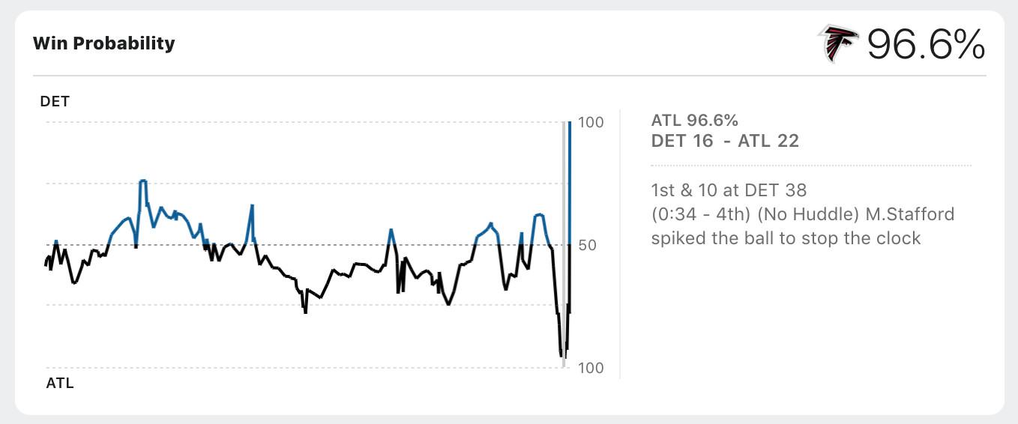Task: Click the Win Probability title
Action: pos(103,43)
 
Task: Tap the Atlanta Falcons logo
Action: pos(839,43)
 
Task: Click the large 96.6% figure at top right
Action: pos(926,45)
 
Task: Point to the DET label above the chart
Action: pos(55,101)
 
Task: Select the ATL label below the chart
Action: pos(60,384)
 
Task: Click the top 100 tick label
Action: pos(591,122)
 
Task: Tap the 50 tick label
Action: pos(588,245)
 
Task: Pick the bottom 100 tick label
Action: pos(591,368)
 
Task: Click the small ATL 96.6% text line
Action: pos(694,121)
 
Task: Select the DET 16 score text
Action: pos(682,141)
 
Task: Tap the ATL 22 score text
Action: pos(768,141)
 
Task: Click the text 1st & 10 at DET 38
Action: pos(729,190)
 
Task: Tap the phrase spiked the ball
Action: pos(708,238)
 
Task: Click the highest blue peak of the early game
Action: pos(142,181)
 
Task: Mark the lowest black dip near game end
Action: pos(561,356)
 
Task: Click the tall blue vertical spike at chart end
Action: pos(570,180)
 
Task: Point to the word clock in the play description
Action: pos(897,238)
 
